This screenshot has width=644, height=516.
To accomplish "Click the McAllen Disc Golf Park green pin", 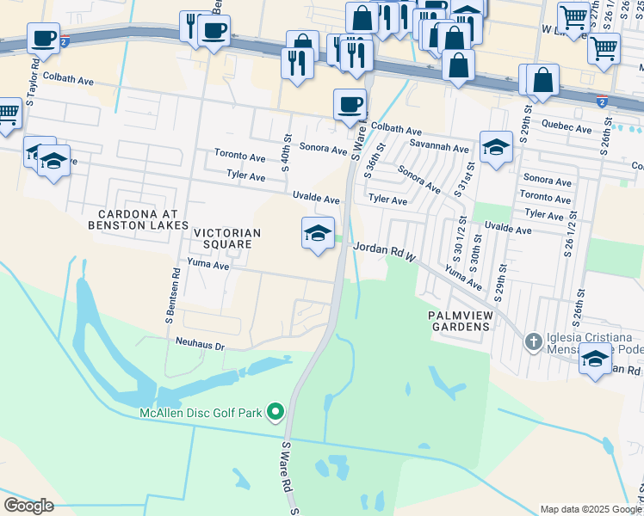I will (276, 413).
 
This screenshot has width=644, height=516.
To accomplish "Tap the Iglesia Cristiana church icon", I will (533, 342).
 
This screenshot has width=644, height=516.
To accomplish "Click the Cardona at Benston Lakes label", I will (138, 219).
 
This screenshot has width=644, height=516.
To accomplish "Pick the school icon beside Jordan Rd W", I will (318, 233).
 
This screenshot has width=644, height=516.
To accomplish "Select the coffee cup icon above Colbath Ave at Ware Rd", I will (350, 105).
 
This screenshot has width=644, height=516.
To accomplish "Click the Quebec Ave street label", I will (567, 128).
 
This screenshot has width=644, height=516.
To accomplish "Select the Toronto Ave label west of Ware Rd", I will (240, 157).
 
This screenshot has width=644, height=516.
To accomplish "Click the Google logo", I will (29, 505).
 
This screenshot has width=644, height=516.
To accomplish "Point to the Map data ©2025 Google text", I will (591, 509).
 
